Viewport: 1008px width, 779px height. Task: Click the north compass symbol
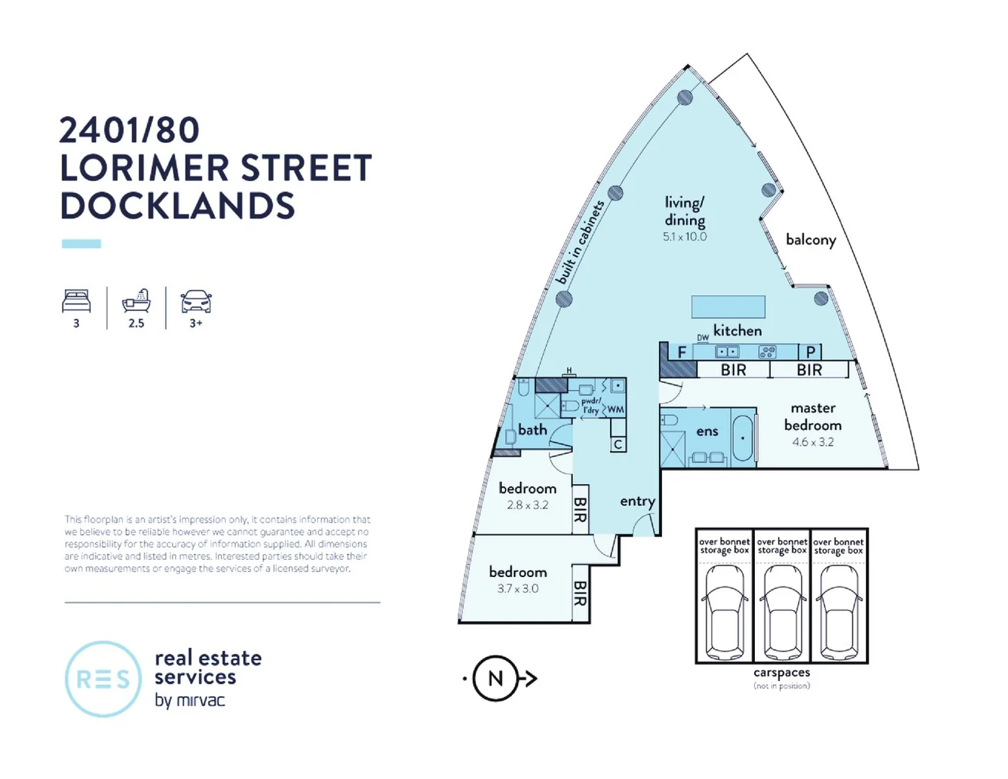tap(496, 679)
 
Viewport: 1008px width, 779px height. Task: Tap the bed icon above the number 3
tap(76, 301)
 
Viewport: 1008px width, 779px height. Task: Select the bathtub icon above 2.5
tap(136, 300)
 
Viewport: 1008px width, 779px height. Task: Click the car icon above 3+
tap(196, 301)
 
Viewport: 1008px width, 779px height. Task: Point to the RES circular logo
tap(103, 679)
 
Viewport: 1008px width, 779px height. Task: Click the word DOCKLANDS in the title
tap(177, 206)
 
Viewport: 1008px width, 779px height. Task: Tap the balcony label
tap(810, 239)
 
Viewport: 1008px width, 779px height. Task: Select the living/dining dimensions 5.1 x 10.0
tap(685, 237)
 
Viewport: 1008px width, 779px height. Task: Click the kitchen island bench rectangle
tap(728, 307)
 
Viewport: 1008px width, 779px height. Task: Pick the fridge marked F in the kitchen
tap(681, 353)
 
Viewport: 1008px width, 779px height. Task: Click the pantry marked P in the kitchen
tap(810, 352)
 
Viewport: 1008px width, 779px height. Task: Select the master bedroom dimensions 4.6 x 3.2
tap(813, 442)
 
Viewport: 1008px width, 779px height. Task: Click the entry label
tap(637, 501)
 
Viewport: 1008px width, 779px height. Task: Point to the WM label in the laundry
tap(616, 410)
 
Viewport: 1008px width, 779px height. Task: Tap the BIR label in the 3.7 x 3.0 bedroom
tap(580, 594)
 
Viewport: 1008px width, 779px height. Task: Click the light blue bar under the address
tap(81, 244)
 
